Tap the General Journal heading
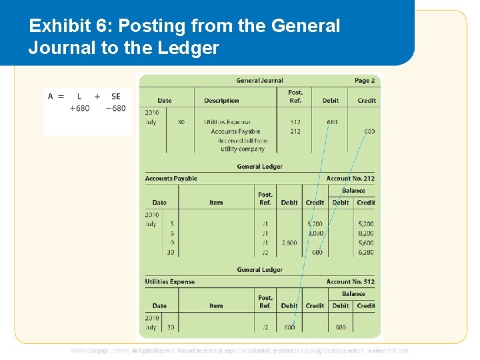click(259, 81)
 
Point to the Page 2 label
click(365, 81)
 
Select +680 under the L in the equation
click(79, 109)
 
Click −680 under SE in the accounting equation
click(115, 109)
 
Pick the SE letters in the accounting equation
click(116, 96)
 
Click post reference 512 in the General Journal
click(295, 122)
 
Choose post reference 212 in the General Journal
click(295, 131)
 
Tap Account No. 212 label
click(351, 179)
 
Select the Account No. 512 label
click(351, 282)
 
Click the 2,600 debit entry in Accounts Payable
click(289, 243)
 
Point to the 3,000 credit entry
click(315, 234)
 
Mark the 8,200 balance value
click(366, 234)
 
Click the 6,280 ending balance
click(366, 253)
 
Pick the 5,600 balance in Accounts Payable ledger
click(366, 243)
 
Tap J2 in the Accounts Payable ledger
click(265, 253)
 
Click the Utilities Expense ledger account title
click(170, 282)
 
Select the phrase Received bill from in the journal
click(243, 141)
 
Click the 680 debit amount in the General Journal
click(331, 122)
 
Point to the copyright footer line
click(240, 351)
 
